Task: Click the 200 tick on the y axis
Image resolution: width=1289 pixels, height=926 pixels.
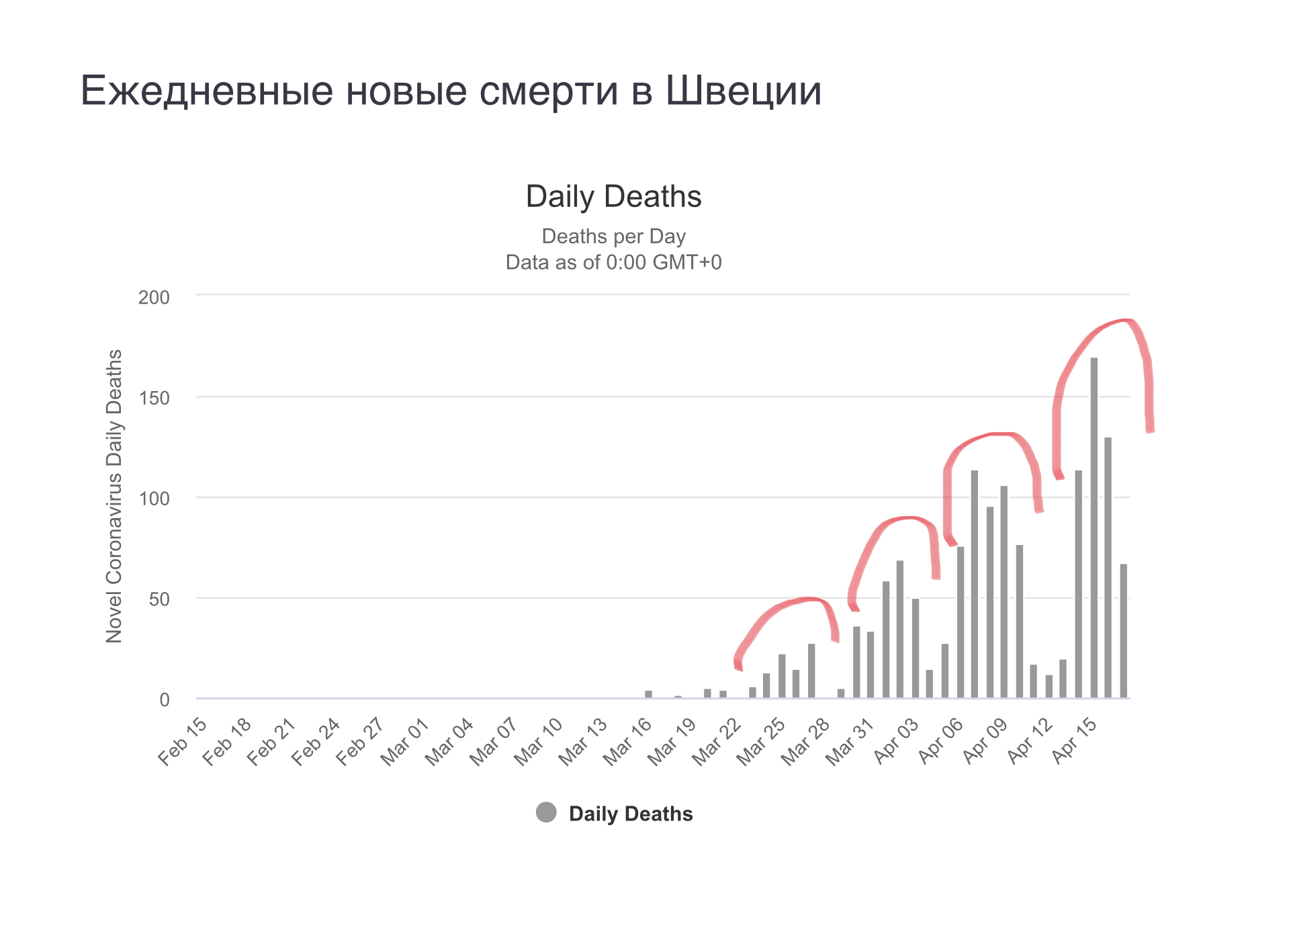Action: point(154,297)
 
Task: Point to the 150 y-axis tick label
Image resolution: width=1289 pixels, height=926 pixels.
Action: point(154,398)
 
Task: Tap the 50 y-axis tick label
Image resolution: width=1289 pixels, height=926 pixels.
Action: point(159,599)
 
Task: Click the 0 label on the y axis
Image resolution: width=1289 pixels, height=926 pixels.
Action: point(165,700)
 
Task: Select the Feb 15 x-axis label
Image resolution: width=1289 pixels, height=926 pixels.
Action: point(183,741)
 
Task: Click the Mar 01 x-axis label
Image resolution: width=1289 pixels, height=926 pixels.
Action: point(405,741)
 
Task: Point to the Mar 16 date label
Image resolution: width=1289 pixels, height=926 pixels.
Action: point(627,741)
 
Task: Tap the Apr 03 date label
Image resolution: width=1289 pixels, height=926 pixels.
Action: point(896,741)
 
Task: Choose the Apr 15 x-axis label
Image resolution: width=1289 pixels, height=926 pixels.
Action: point(1074,741)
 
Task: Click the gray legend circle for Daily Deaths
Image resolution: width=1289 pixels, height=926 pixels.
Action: point(546,812)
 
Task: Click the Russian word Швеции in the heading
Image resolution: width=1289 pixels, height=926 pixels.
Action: point(743,90)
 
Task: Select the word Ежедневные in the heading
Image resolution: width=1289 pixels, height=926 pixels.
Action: point(207,90)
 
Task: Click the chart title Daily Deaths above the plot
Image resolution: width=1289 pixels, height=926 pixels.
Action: point(613,196)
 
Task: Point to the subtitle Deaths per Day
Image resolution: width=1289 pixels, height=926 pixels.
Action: point(613,237)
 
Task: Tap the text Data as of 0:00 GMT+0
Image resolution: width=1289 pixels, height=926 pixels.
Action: point(613,262)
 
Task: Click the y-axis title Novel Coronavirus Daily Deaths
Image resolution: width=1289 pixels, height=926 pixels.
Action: point(114,496)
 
